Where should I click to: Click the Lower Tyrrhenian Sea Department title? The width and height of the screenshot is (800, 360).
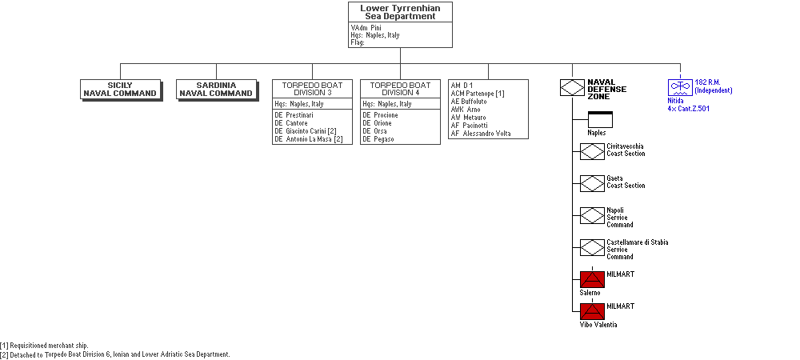(x=400, y=12)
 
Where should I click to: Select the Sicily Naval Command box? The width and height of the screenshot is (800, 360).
(x=122, y=90)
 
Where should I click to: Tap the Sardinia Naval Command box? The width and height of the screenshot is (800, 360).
(x=217, y=90)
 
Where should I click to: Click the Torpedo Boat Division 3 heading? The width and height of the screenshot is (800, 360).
(x=312, y=89)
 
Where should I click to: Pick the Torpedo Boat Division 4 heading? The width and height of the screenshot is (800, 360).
(x=400, y=89)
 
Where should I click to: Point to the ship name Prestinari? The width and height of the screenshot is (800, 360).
(x=299, y=115)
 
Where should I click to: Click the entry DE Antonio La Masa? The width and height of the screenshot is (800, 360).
(x=309, y=139)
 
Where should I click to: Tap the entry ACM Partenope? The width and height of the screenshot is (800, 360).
(x=478, y=94)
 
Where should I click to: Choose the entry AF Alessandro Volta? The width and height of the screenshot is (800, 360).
(x=481, y=134)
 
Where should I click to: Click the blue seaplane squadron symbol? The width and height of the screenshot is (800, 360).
(x=681, y=87)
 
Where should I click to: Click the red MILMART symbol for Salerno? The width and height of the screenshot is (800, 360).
(x=592, y=280)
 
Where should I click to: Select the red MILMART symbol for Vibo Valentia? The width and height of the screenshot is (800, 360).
(x=592, y=312)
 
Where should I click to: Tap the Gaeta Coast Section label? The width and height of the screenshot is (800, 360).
(x=626, y=182)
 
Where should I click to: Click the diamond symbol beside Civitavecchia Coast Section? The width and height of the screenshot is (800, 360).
(x=592, y=151)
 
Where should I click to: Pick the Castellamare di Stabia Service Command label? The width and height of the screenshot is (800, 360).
(x=638, y=250)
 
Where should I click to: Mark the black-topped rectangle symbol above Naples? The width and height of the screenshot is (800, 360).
(x=600, y=119)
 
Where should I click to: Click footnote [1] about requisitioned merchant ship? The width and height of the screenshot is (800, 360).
(x=44, y=346)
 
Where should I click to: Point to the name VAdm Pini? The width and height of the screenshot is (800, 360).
(x=366, y=27)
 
